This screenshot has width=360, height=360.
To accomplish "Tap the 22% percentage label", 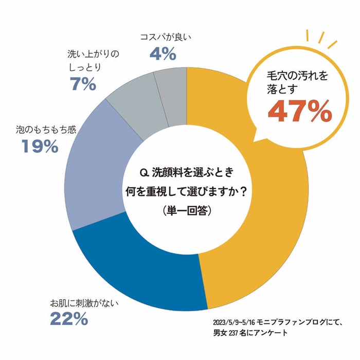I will point(68,319).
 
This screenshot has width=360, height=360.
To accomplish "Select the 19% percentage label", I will point(40,147).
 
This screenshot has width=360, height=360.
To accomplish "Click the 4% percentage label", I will point(163,52).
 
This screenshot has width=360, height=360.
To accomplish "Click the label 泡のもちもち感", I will point(46,129).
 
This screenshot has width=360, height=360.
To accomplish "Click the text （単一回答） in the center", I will point(187,210).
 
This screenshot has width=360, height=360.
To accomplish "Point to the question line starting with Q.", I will point(187,171).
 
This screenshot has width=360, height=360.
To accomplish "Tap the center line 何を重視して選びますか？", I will point(187,191).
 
